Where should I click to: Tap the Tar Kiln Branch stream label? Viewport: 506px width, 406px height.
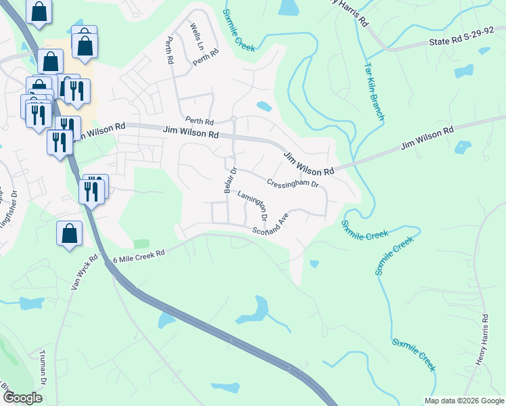(374, 92)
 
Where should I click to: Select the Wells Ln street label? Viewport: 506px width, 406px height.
(197, 37)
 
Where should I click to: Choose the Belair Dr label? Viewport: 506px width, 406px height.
(229, 180)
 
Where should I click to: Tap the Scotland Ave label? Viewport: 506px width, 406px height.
(271, 225)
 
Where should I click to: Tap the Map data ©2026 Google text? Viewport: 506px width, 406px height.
(463, 401)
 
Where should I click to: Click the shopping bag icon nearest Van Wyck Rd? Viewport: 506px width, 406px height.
(70, 234)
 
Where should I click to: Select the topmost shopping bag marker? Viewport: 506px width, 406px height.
(39, 12)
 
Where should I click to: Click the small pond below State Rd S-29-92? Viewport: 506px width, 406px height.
(464, 71)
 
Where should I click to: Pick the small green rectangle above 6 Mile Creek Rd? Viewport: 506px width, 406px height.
(141, 244)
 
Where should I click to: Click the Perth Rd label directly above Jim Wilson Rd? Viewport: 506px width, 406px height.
(199, 122)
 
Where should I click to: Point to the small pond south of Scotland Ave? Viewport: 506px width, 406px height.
(313, 264)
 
